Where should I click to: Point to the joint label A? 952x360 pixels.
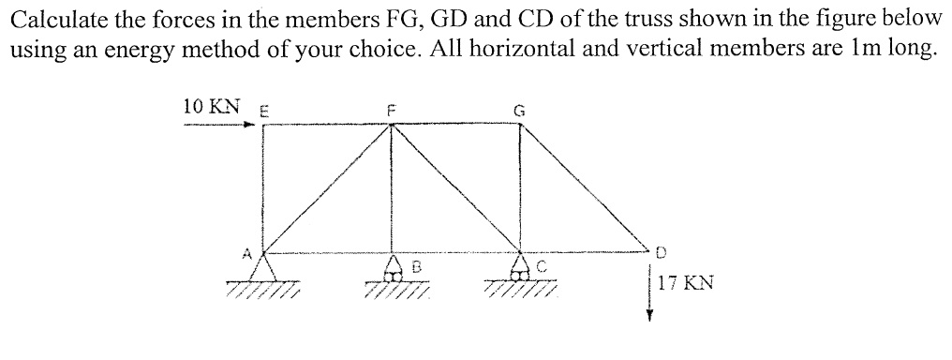pos(248,251)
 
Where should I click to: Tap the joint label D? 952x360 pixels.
pos(661,252)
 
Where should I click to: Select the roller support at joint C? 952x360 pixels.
pos(521,270)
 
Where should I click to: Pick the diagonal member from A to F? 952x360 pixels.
pos(328,187)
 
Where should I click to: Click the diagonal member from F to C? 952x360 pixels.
pos(457,187)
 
